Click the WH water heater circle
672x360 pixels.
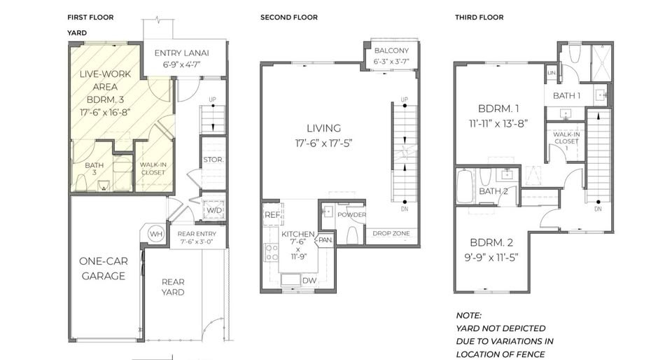click(156, 235)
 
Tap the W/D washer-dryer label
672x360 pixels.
click(214, 210)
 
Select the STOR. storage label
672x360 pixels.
click(213, 160)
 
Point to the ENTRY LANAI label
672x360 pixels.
click(182, 53)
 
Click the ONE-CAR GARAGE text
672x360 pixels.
click(104, 268)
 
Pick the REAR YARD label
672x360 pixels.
click(173, 287)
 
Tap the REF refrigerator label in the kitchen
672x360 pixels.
click(272, 215)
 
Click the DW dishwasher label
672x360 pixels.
click(309, 281)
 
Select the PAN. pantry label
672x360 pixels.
click(325, 240)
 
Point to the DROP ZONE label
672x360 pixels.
click(391, 233)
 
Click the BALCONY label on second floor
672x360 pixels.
click(392, 50)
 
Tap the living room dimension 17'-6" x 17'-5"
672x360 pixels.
click(323, 143)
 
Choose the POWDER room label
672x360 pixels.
click(352, 215)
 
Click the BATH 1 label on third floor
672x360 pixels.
click(566, 95)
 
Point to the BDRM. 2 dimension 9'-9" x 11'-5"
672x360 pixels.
click(491, 258)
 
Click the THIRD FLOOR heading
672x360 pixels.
click(479, 18)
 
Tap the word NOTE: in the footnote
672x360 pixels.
click(468, 316)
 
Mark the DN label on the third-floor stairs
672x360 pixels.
click(598, 209)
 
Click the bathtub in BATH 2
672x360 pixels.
click(463, 185)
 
